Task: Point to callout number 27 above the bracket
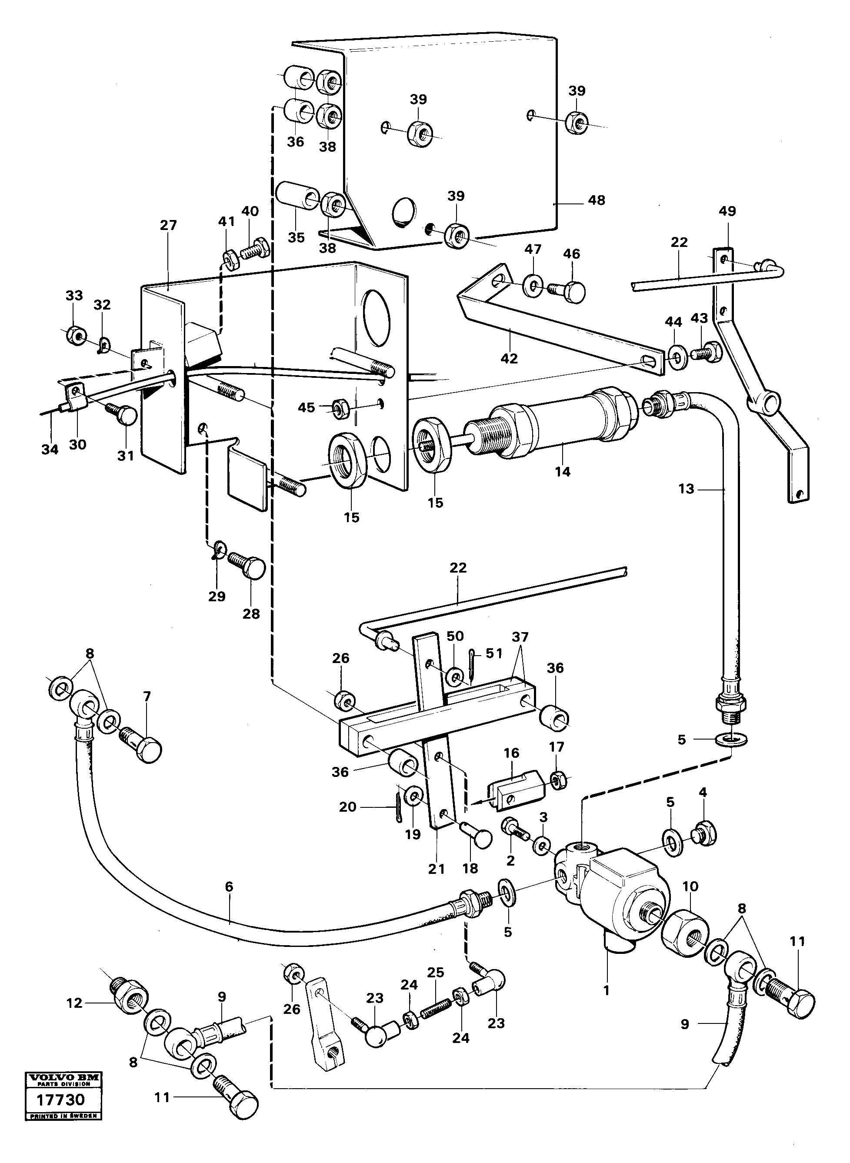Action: [x=168, y=225]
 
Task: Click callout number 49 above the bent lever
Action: [x=727, y=211]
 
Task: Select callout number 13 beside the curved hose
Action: [x=687, y=488]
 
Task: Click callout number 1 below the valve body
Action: [x=606, y=989]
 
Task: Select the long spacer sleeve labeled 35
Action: [x=297, y=199]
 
